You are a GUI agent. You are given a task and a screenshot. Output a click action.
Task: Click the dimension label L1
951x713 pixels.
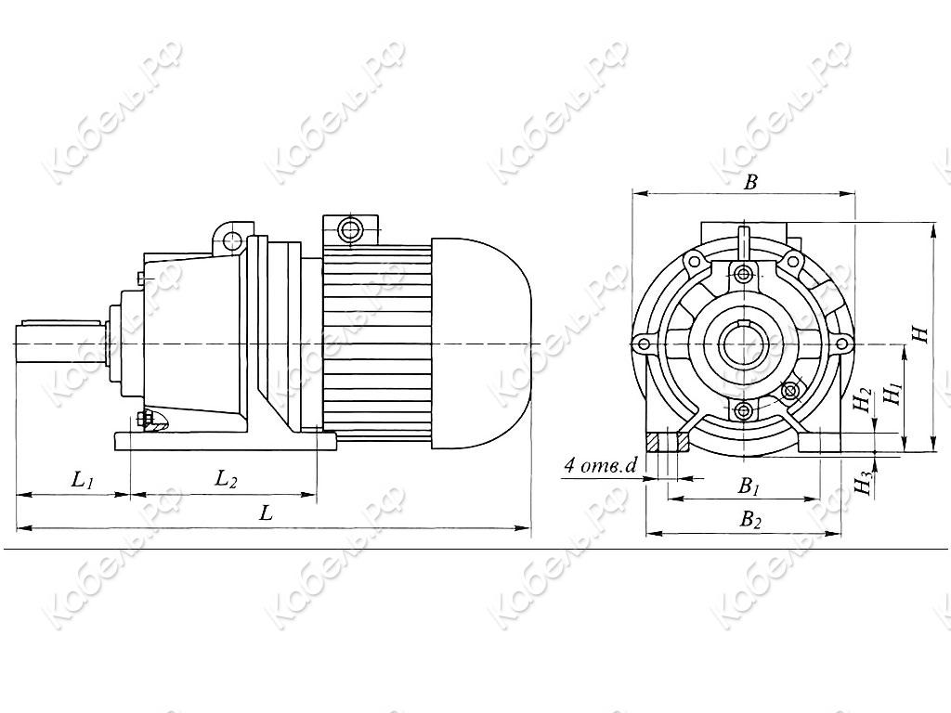(83, 481)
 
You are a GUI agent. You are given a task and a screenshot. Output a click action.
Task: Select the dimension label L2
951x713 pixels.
(227, 480)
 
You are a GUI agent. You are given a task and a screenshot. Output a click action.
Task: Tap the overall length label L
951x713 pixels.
(266, 513)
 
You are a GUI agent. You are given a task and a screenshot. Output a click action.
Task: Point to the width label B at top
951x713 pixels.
(750, 182)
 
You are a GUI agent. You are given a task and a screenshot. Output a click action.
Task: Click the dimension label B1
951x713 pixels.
(749, 486)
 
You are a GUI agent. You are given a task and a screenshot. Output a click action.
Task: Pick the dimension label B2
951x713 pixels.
(749, 520)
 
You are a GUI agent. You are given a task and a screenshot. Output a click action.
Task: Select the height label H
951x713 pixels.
(922, 334)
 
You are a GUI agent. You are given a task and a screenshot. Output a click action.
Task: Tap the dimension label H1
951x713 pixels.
(893, 394)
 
